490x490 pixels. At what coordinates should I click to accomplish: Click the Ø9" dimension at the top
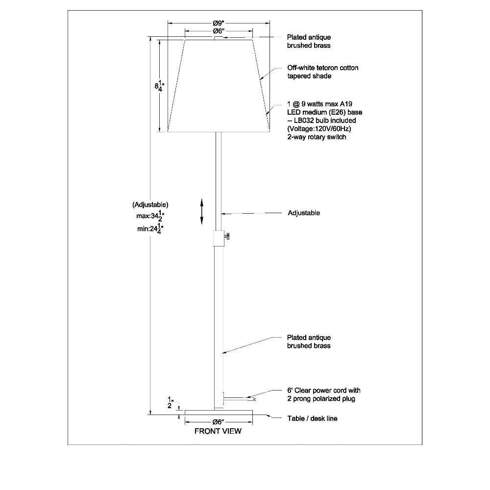219,23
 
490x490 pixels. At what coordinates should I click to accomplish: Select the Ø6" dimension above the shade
219,31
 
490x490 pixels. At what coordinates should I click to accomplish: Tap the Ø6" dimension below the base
219,422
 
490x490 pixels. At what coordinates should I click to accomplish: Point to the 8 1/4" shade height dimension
159,86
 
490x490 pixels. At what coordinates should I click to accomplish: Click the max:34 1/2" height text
150,216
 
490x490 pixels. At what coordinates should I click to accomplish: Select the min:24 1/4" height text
150,229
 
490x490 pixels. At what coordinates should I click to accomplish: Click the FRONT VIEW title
218,431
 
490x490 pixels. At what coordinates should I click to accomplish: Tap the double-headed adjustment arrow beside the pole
202,212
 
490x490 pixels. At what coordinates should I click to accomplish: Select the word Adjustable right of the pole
304,213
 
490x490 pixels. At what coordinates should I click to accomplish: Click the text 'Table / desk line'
312,418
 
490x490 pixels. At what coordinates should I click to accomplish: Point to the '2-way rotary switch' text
317,137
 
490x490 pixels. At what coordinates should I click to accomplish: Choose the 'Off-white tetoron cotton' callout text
323,68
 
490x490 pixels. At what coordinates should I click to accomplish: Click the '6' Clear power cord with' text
324,391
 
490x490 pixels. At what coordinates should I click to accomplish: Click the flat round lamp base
219,412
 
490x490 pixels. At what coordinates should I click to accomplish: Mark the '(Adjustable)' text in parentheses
150,205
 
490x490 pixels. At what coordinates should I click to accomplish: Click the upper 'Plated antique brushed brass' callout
309,41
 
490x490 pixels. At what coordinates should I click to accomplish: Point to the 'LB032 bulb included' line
325,121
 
